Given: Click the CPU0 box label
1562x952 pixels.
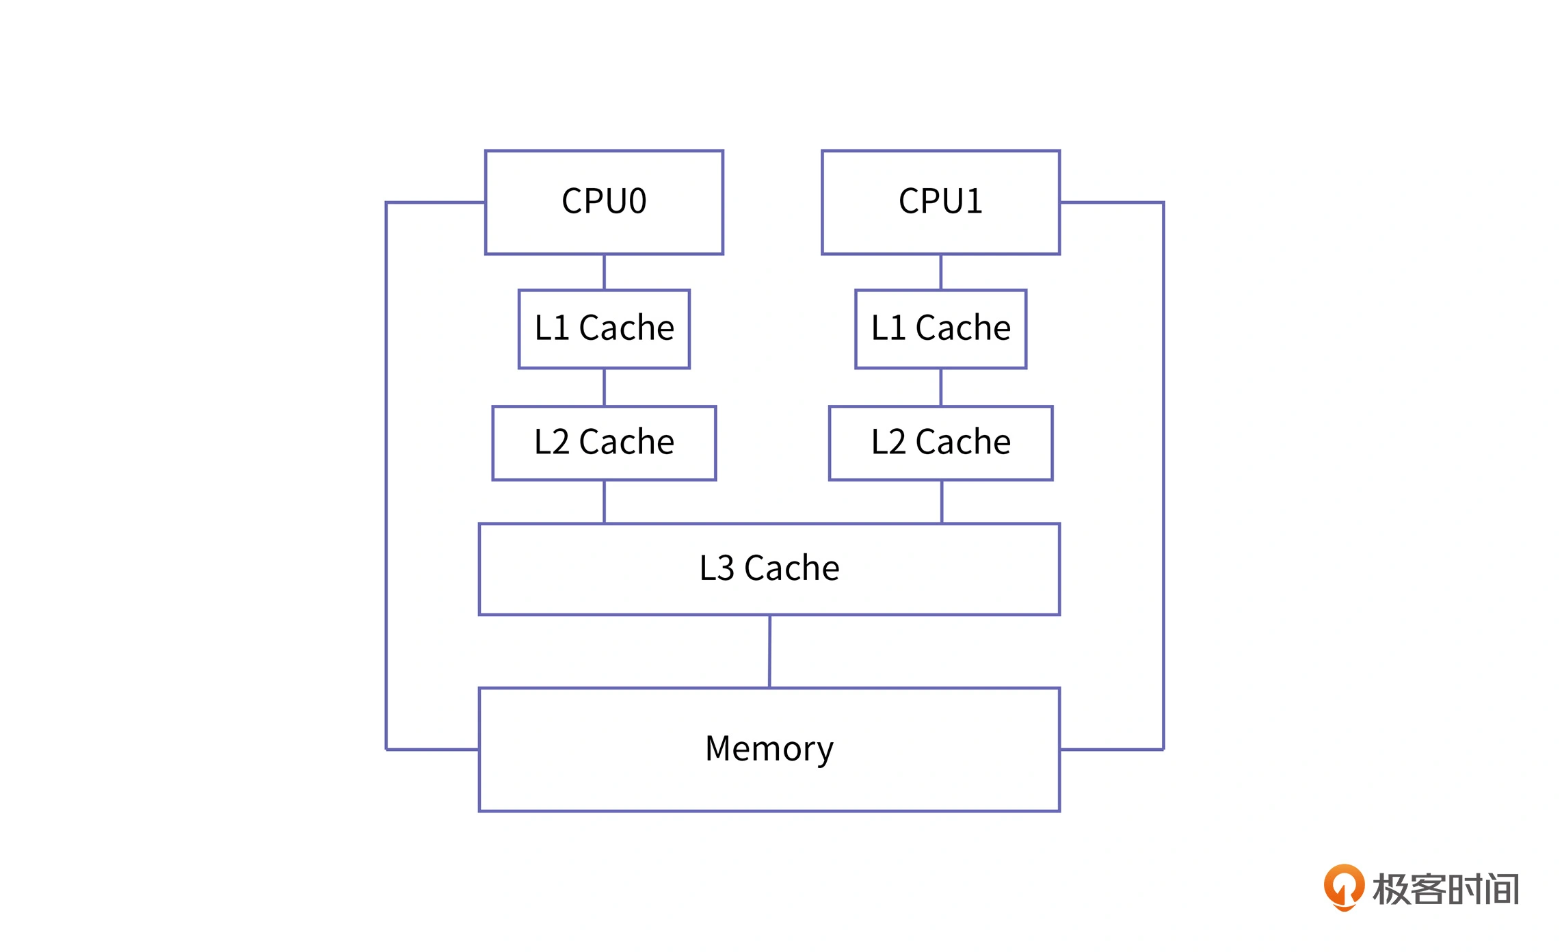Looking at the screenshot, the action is (x=604, y=201).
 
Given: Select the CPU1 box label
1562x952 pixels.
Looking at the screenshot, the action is (x=940, y=201).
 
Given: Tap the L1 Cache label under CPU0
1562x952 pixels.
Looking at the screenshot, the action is (x=605, y=328).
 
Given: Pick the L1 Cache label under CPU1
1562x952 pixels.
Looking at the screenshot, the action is (x=941, y=328).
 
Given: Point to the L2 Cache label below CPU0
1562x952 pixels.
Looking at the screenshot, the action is (x=605, y=442).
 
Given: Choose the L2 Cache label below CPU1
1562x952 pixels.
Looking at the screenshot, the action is (x=941, y=442).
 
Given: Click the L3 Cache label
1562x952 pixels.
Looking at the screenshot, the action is (x=769, y=568).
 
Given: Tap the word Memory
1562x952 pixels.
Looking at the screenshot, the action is (x=769, y=749).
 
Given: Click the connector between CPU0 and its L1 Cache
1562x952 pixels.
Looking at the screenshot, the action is (x=604, y=272).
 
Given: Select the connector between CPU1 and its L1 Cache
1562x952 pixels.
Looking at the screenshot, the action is (x=941, y=272).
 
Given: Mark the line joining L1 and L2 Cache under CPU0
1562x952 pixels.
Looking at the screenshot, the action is (x=604, y=387).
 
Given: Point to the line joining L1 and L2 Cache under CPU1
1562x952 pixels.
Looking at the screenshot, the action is (x=941, y=387).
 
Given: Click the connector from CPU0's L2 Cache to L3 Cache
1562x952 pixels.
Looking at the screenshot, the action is (x=604, y=502).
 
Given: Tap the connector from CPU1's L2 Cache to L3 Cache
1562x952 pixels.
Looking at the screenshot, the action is (x=942, y=502).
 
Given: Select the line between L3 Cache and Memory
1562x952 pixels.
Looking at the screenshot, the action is (x=769, y=651).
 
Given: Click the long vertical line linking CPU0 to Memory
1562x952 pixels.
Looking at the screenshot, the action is (x=386, y=476).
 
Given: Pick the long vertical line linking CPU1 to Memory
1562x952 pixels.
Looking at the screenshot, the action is (x=1163, y=476).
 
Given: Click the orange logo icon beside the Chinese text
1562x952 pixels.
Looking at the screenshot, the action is (x=1344, y=888).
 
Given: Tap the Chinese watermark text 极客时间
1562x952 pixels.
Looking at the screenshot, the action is (x=1446, y=889).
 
